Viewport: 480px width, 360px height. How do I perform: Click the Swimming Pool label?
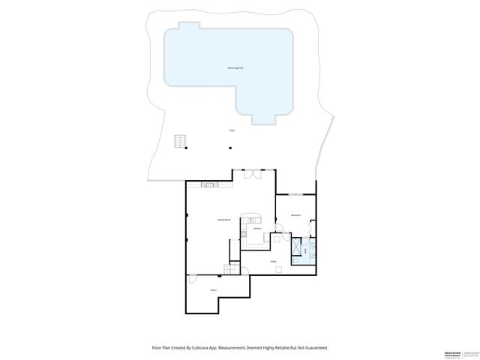[235, 67]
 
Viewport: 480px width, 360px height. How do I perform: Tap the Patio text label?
[232, 130]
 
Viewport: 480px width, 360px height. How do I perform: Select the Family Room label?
[223, 219]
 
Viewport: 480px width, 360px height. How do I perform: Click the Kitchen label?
[256, 229]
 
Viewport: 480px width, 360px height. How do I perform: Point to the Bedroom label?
[296, 215]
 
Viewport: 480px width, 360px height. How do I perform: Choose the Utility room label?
[274, 262]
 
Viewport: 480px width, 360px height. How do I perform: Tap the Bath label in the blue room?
[306, 250]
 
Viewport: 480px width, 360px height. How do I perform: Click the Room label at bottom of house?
[214, 289]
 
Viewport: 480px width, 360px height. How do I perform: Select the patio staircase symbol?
[180, 141]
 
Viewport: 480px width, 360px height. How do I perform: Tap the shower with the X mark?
[298, 246]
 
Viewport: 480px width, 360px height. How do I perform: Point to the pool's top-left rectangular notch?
[189, 25]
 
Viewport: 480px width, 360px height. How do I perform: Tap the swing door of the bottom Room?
[193, 280]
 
